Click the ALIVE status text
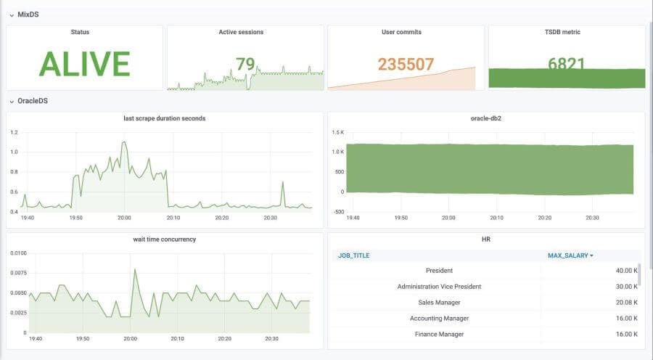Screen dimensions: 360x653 tap(84, 64)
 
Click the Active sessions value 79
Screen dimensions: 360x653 tap(245, 65)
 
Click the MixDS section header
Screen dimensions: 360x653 tap(28, 15)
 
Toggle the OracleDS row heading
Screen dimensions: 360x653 tap(33, 102)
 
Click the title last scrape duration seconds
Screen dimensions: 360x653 tap(164, 118)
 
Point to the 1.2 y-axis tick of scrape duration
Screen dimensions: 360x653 tap(15, 132)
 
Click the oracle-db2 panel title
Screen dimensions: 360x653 tap(486, 118)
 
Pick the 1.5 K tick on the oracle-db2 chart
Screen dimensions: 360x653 tap(338, 133)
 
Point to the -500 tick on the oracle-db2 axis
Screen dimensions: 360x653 tap(338, 211)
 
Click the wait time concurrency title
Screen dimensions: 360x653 tap(164, 240)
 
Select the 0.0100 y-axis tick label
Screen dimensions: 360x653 tap(18, 253)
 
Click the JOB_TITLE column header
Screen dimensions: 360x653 tap(354, 255)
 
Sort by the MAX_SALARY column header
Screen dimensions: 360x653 tap(570, 255)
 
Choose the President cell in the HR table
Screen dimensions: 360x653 tap(439, 271)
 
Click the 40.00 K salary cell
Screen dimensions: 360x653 tap(625, 271)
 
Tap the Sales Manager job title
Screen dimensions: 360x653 tap(439, 302)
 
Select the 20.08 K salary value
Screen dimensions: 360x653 tap(625, 302)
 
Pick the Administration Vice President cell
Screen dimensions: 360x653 tap(439, 286)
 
